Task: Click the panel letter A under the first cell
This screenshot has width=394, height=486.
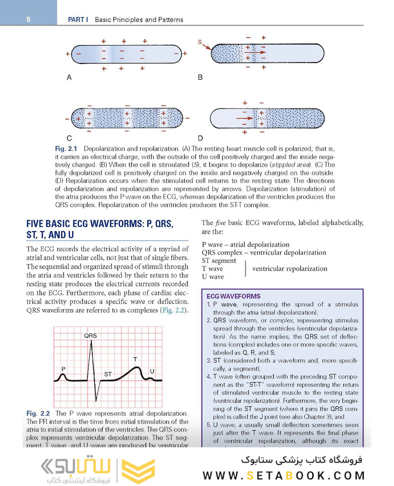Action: (x=69, y=77)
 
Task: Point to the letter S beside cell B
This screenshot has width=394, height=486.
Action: (x=200, y=42)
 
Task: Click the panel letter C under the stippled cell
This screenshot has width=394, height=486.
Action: (x=69, y=138)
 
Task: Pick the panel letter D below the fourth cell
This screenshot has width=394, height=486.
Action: (x=200, y=138)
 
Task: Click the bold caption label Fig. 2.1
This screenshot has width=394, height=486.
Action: (x=66, y=148)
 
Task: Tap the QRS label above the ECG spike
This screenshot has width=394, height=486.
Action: (x=90, y=336)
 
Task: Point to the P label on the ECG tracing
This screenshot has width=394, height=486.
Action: (x=63, y=369)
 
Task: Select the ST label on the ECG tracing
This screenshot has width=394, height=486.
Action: (x=108, y=374)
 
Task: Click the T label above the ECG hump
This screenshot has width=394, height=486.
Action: (x=135, y=359)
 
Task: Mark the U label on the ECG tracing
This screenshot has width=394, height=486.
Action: (x=152, y=371)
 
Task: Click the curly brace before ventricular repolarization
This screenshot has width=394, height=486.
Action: (x=246, y=269)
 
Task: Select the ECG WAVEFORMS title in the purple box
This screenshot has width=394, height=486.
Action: (x=233, y=296)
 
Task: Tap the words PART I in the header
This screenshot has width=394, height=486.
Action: (x=78, y=20)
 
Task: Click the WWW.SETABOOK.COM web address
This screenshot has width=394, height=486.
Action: (x=283, y=475)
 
